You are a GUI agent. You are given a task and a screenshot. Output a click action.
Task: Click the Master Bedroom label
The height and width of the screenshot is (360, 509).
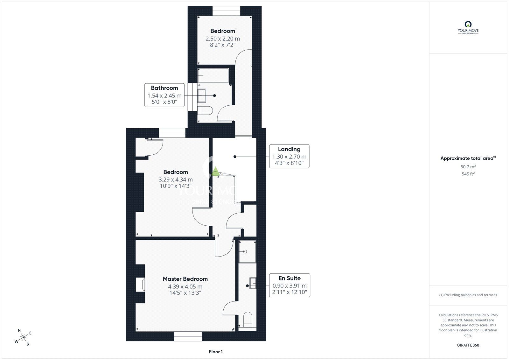pyautogui.click(x=185, y=279)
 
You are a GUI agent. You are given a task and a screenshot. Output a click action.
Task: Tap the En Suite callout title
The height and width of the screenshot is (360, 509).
pyautogui.click(x=289, y=278)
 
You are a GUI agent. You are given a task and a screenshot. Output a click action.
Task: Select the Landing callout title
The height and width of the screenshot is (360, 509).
pyautogui.click(x=289, y=149)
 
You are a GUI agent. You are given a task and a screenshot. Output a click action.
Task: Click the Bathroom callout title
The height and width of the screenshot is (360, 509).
pyautogui.click(x=164, y=88)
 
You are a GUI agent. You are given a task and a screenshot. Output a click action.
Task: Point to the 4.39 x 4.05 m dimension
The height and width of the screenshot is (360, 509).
pyautogui.click(x=185, y=286)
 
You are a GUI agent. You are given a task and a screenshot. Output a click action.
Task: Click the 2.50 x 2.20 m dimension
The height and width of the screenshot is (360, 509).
pyautogui.click(x=223, y=39)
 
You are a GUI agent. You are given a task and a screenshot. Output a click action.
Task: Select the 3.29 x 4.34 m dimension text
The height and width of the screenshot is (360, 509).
pyautogui.click(x=176, y=180)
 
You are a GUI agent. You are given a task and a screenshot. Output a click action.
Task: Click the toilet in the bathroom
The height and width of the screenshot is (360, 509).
pyautogui.click(x=205, y=111)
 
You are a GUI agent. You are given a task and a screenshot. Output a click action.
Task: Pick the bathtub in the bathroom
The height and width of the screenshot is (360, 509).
pyautogui.click(x=213, y=75)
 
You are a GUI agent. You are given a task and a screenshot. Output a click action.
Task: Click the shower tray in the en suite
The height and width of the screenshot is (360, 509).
pyautogui.click(x=248, y=252)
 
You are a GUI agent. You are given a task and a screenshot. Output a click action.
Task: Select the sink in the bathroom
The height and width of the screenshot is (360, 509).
pyautogui.click(x=202, y=96)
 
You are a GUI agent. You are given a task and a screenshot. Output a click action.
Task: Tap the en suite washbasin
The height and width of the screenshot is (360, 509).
pyautogui.click(x=253, y=283)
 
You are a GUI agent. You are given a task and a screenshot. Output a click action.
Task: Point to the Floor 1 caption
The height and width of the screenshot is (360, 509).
pyautogui.click(x=216, y=352)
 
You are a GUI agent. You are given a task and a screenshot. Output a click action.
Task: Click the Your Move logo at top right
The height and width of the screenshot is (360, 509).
pyautogui.click(x=468, y=27)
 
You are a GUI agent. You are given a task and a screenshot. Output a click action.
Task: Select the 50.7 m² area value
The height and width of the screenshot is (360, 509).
pyautogui.click(x=468, y=167)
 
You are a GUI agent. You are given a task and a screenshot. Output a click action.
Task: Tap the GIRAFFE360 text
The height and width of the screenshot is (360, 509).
pyautogui.click(x=468, y=345)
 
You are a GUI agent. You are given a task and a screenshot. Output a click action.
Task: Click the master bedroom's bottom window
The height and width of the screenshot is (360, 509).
pyautogui.click(x=188, y=336)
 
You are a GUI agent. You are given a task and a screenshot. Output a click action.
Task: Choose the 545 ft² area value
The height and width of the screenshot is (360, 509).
pyautogui.click(x=468, y=174)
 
